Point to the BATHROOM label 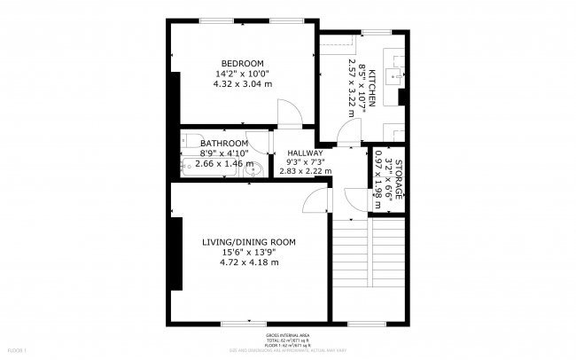[x=223, y=143]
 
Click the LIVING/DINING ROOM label [x=249, y=241]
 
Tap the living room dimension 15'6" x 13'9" [x=249, y=252]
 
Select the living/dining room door [x=314, y=202]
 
